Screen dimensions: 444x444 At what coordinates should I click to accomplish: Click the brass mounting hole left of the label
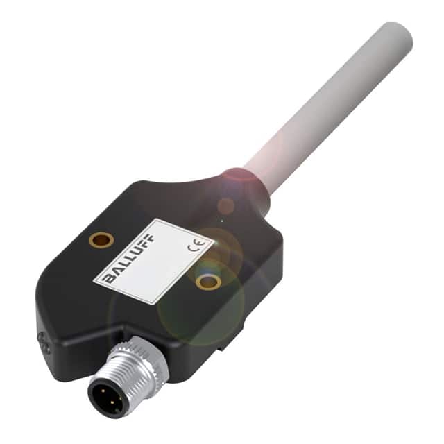click(x=101, y=240)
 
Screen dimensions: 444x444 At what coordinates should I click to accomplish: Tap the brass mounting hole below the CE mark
click(x=207, y=281)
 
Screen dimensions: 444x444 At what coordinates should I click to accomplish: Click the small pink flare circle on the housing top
click(x=225, y=205)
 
